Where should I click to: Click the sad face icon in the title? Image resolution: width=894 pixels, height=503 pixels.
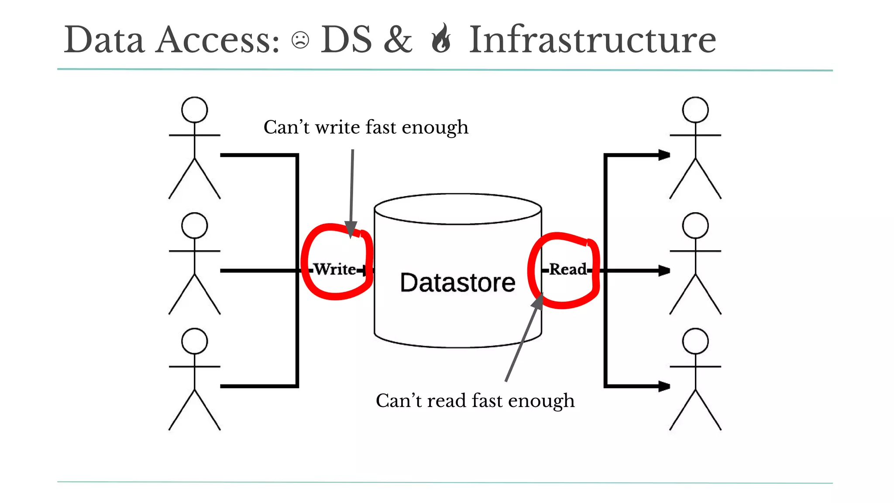click(x=300, y=40)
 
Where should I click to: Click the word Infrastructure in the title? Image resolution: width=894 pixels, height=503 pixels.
click(x=592, y=40)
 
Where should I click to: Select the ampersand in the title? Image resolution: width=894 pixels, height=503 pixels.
click(x=398, y=40)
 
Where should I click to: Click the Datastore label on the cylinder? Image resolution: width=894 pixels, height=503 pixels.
click(x=457, y=283)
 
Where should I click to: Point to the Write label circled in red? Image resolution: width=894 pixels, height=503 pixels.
click(x=335, y=269)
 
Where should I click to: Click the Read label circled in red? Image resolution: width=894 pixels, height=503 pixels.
click(x=567, y=269)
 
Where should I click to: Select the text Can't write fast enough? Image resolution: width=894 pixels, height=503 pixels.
click(x=366, y=127)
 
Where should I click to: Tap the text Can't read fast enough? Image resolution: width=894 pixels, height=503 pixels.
click(x=475, y=400)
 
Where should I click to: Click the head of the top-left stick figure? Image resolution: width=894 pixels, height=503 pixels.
click(x=194, y=110)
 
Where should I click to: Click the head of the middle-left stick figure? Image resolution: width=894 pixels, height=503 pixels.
click(x=194, y=225)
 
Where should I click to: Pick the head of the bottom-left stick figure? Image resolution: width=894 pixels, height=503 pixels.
click(x=194, y=341)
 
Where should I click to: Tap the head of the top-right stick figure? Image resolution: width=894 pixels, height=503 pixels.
click(x=695, y=110)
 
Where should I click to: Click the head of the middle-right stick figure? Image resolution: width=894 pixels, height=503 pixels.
click(x=695, y=225)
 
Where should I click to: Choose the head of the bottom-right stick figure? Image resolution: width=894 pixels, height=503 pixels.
click(x=695, y=341)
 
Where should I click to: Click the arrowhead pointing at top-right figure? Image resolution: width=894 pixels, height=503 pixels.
click(x=664, y=155)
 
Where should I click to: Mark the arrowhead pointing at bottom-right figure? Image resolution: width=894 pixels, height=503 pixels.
click(x=664, y=386)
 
